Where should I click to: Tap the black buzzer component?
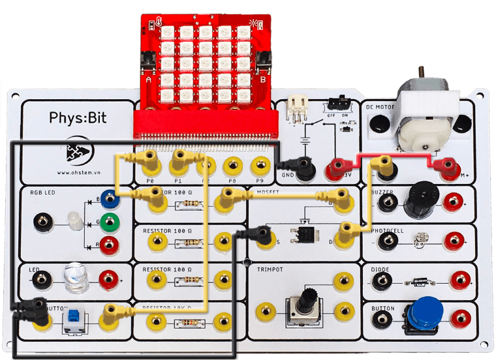(x=418, y=200)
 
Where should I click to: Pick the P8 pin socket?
(x=232, y=164)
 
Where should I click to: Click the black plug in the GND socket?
(x=301, y=167)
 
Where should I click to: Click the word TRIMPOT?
(x=272, y=269)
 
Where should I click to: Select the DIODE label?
(x=380, y=268)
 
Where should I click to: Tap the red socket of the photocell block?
(x=452, y=241)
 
